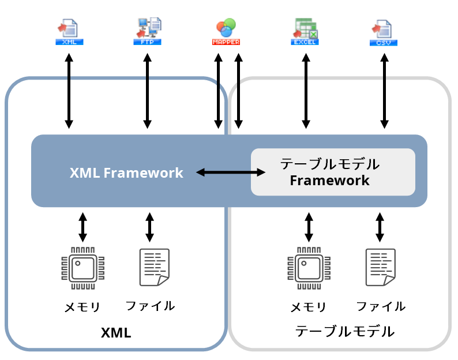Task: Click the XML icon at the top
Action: (69, 32)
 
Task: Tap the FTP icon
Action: (148, 32)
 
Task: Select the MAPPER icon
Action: (226, 32)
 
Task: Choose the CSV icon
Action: (384, 32)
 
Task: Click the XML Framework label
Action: (126, 172)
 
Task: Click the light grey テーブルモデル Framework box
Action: (333, 172)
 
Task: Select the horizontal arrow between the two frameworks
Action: (230, 172)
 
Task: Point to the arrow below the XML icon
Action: (69, 91)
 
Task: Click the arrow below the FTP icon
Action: (148, 91)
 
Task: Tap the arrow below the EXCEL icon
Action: (306, 91)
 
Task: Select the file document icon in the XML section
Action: (154, 267)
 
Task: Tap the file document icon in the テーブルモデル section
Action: (381, 267)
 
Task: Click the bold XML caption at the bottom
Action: (116, 333)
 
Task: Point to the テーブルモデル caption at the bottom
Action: (344, 332)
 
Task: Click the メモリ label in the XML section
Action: (82, 307)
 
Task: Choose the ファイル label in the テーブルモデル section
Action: (381, 306)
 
